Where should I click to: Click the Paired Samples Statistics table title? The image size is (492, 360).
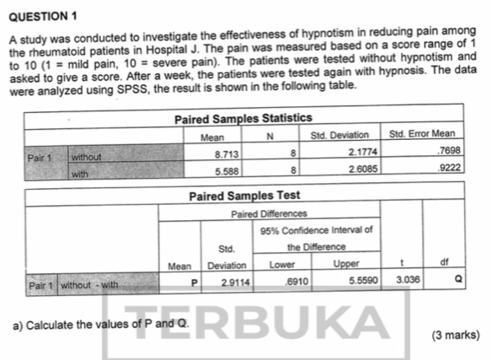pyautogui.click(x=243, y=118)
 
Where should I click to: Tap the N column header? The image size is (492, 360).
pyautogui.click(x=271, y=135)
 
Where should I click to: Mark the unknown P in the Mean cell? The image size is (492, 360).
pyautogui.click(x=193, y=279)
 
